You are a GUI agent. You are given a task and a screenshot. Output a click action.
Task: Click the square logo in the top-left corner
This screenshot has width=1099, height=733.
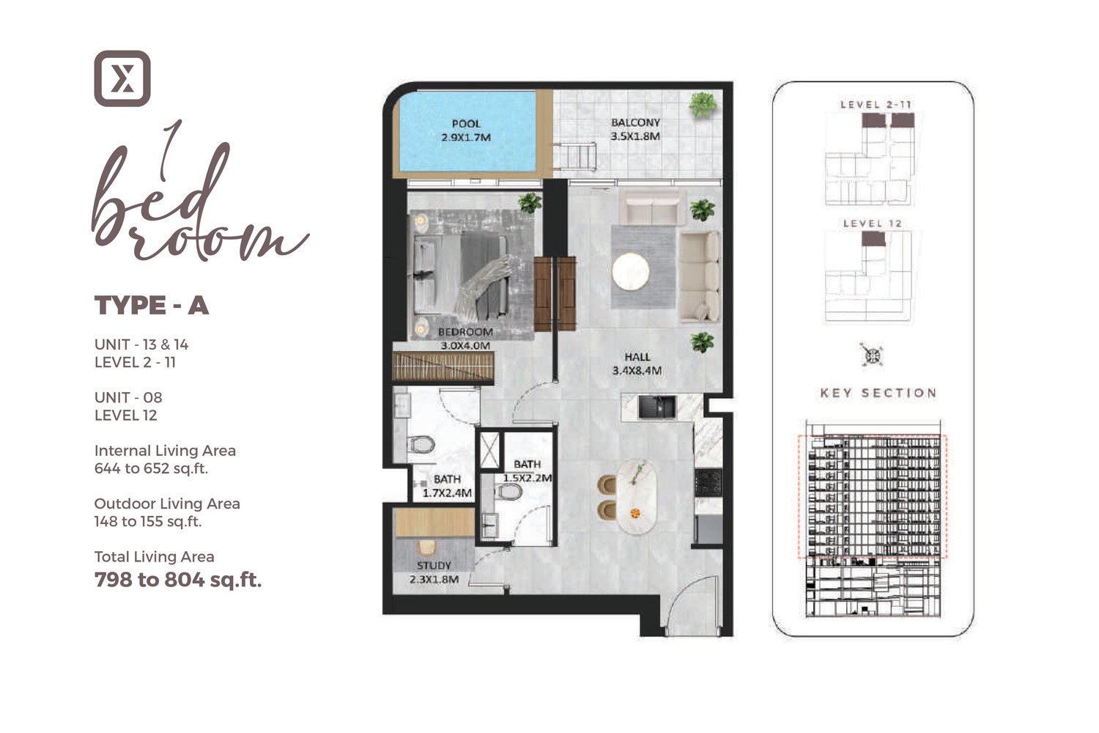122,78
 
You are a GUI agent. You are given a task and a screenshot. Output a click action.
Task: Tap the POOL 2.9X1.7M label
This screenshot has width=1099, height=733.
466,130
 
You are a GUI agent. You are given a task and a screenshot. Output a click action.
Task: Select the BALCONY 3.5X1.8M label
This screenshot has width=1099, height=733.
635,129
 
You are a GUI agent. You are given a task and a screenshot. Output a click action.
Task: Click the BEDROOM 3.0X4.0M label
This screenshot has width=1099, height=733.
465,339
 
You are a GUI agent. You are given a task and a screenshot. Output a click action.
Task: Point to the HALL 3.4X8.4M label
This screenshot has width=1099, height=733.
637,364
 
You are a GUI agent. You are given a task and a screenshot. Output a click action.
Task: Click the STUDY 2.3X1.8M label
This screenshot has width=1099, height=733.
434,572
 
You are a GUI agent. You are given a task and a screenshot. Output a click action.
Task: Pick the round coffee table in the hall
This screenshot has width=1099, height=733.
631,272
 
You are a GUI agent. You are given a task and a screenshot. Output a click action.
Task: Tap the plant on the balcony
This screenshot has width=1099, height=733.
703,105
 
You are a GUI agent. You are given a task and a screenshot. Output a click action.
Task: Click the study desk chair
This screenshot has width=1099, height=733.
426,548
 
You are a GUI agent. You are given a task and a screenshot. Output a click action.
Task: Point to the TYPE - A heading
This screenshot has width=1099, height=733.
152,305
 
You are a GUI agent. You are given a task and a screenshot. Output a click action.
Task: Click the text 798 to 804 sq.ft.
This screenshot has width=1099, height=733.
178,580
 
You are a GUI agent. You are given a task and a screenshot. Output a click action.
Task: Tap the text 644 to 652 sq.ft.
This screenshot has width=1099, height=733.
151,468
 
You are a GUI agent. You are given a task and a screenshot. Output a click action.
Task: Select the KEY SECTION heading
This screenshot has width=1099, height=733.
878,393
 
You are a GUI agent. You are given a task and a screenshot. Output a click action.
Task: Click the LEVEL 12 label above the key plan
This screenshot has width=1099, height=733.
872,223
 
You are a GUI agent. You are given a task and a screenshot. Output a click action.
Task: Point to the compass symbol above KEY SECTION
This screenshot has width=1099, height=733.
872,356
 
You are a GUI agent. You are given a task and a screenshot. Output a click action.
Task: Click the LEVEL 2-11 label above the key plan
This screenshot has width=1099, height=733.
876,104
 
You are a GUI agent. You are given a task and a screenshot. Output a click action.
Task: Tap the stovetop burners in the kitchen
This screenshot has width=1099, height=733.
708,482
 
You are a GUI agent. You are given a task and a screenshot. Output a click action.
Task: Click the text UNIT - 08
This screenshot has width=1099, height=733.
128,397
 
